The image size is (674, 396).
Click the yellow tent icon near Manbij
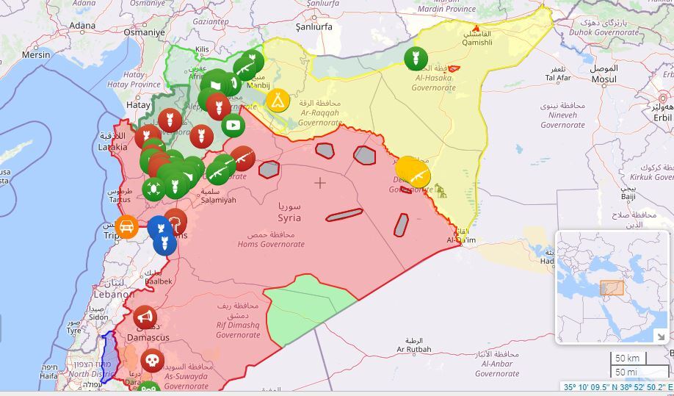click(278, 99)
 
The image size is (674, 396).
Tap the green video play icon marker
click(233, 125)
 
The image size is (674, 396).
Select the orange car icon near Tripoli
click(127, 227)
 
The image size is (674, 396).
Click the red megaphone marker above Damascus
click(145, 317)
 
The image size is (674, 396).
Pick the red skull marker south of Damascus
click(152, 361)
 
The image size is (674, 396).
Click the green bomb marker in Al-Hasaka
click(415, 58)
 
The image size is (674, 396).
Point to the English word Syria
click(289, 218)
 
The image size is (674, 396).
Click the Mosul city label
click(604, 79)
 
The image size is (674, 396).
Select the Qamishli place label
click(477, 43)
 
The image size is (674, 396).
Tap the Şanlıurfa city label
click(314, 26)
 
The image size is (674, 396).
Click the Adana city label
click(82, 26)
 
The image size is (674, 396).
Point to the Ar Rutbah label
click(414, 349)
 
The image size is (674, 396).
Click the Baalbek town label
click(159, 281)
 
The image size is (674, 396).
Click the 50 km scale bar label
click(626, 358)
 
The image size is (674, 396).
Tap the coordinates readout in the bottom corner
click(617, 387)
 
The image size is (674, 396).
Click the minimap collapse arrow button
click(659, 335)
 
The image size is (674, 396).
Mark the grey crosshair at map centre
click(320, 182)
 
